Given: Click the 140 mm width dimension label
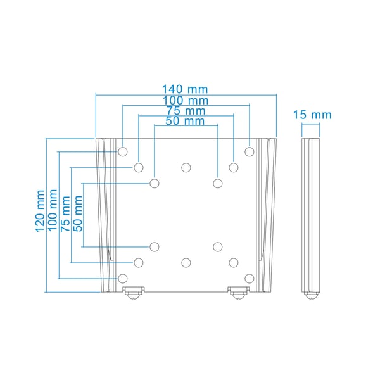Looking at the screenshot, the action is (185, 89).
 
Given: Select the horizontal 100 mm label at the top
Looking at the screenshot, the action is (186, 101).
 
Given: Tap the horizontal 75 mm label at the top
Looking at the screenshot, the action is (186, 111).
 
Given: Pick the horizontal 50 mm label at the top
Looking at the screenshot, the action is (185, 121).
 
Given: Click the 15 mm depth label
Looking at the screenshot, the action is (312, 115).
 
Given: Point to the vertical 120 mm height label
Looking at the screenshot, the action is (40, 211).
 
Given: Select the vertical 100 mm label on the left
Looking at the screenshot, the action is (53, 210).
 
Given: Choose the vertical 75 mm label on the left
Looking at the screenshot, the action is (65, 213).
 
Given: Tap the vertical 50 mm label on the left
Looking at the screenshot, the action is (78, 213).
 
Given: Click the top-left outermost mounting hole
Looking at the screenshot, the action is (123, 152).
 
